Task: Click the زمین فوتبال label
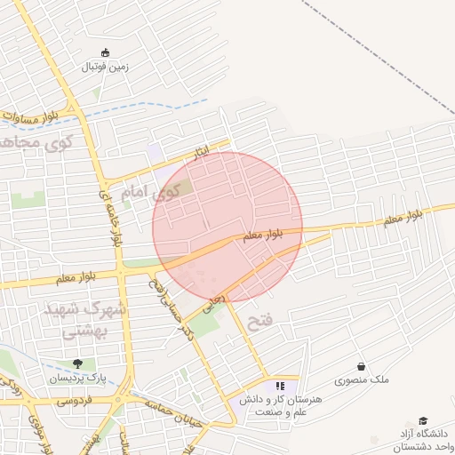point(106,67)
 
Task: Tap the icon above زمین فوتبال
point(106,52)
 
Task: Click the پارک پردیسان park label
point(77,378)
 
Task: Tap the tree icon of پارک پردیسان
point(77,364)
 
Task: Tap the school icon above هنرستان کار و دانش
point(281,386)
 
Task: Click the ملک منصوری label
point(361,380)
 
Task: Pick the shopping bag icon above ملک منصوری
point(361,366)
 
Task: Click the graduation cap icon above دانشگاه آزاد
point(424,420)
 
